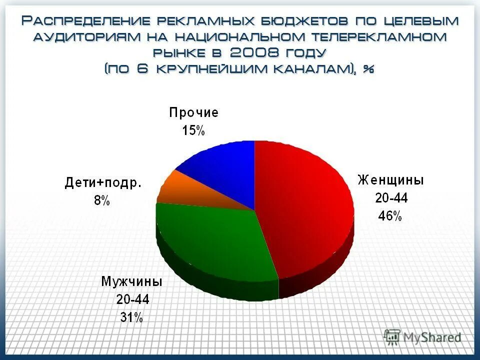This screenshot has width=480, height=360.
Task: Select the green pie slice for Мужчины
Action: (x=215, y=245)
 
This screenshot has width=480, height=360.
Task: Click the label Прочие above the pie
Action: (x=193, y=112)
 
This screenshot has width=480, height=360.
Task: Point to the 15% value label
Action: (x=193, y=131)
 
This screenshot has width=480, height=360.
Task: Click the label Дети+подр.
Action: (x=103, y=183)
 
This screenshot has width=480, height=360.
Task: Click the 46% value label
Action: (x=389, y=216)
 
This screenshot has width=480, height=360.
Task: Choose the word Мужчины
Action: (x=132, y=281)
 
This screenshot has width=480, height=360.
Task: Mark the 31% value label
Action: (x=131, y=317)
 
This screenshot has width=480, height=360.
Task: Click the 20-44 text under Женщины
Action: (x=391, y=198)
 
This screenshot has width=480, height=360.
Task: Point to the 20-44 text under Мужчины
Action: (x=132, y=299)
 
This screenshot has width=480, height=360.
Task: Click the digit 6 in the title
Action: (x=142, y=68)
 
